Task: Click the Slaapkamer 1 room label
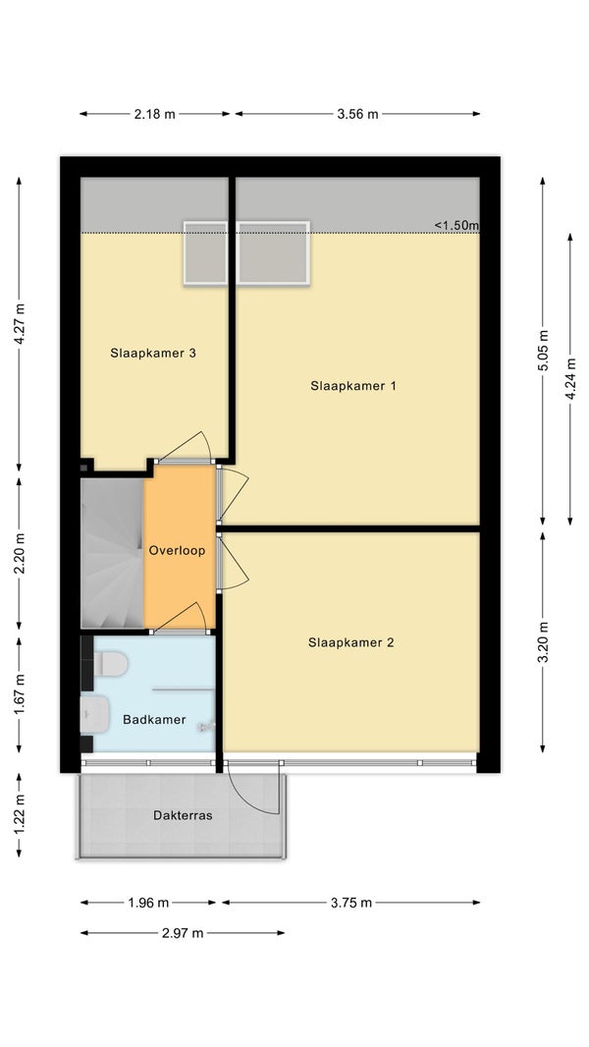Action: [352, 385]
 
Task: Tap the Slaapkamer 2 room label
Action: [350, 642]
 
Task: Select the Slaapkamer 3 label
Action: [153, 354]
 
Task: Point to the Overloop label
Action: [177, 551]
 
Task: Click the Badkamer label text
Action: [154, 720]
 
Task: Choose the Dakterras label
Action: [183, 815]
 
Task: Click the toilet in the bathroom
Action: [110, 664]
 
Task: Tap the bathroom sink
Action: [94, 714]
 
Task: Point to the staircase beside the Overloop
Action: [112, 554]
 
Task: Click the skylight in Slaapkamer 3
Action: [205, 253]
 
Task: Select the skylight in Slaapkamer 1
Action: [274, 253]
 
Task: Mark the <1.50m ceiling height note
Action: [456, 226]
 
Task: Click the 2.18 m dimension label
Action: [155, 114]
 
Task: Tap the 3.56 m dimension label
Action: [357, 114]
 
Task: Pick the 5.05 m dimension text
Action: [542, 352]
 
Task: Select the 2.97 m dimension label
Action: [183, 933]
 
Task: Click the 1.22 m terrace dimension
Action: [19, 815]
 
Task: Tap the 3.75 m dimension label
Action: [351, 903]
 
